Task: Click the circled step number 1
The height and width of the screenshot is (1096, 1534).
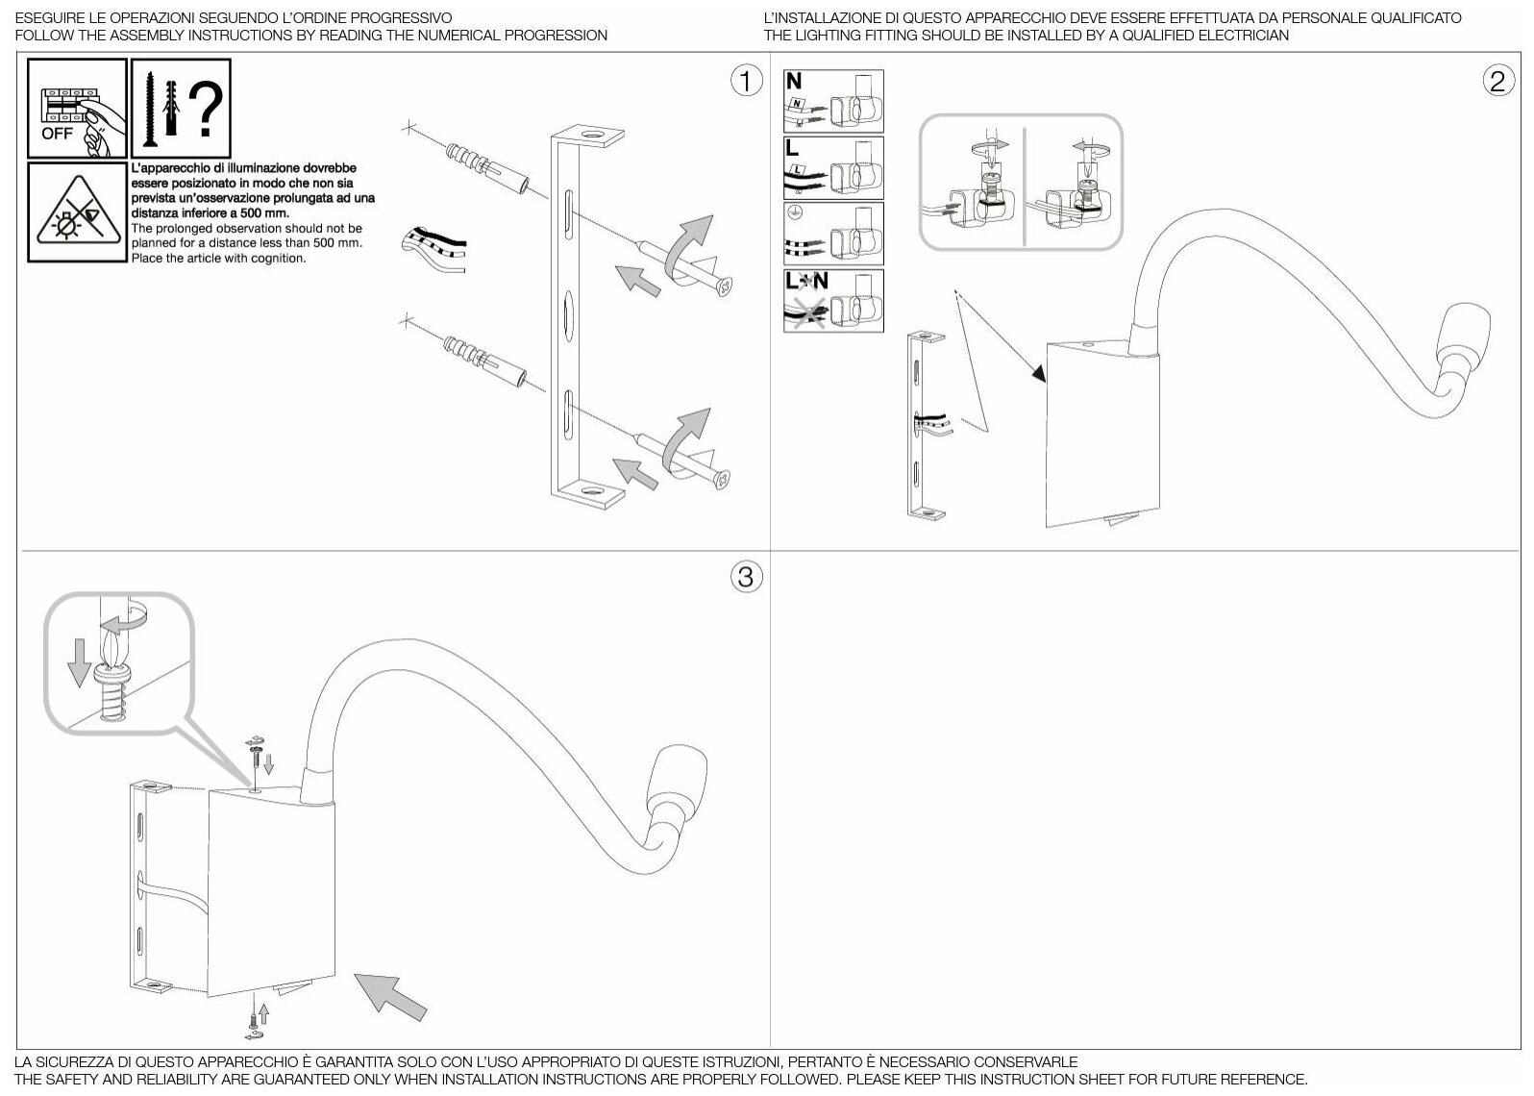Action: [x=746, y=82]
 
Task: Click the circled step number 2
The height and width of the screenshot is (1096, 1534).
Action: [x=1497, y=82]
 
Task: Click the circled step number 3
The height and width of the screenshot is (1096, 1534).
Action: [x=746, y=577]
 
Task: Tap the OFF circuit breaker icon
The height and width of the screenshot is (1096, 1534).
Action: [x=77, y=109]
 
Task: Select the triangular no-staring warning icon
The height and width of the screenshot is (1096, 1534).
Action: [x=77, y=212]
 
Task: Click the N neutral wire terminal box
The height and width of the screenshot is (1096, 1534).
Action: [x=833, y=101]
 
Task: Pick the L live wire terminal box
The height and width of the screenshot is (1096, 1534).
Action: [x=833, y=168]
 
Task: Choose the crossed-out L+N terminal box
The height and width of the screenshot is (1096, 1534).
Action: [x=833, y=301]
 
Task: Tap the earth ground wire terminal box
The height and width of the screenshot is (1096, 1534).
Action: [x=833, y=235]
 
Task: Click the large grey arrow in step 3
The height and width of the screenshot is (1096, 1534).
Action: [x=390, y=996]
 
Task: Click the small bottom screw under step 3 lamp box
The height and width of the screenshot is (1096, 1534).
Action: [x=252, y=1015]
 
